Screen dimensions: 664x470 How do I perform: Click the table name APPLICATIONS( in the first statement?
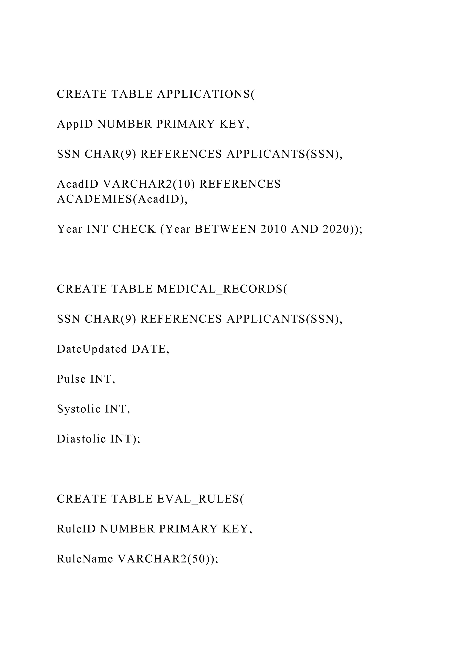click(206, 94)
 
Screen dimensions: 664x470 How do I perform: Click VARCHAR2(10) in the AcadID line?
click(149, 184)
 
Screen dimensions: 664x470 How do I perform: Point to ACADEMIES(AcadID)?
click(122, 199)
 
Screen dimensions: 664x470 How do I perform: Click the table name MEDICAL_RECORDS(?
click(222, 289)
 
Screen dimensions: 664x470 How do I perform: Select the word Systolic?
click(79, 409)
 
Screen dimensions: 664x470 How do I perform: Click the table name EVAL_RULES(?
click(201, 499)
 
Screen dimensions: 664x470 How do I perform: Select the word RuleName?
click(85, 559)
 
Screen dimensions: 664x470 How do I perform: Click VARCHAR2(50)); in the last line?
click(168, 559)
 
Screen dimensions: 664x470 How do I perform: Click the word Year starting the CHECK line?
click(70, 229)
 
